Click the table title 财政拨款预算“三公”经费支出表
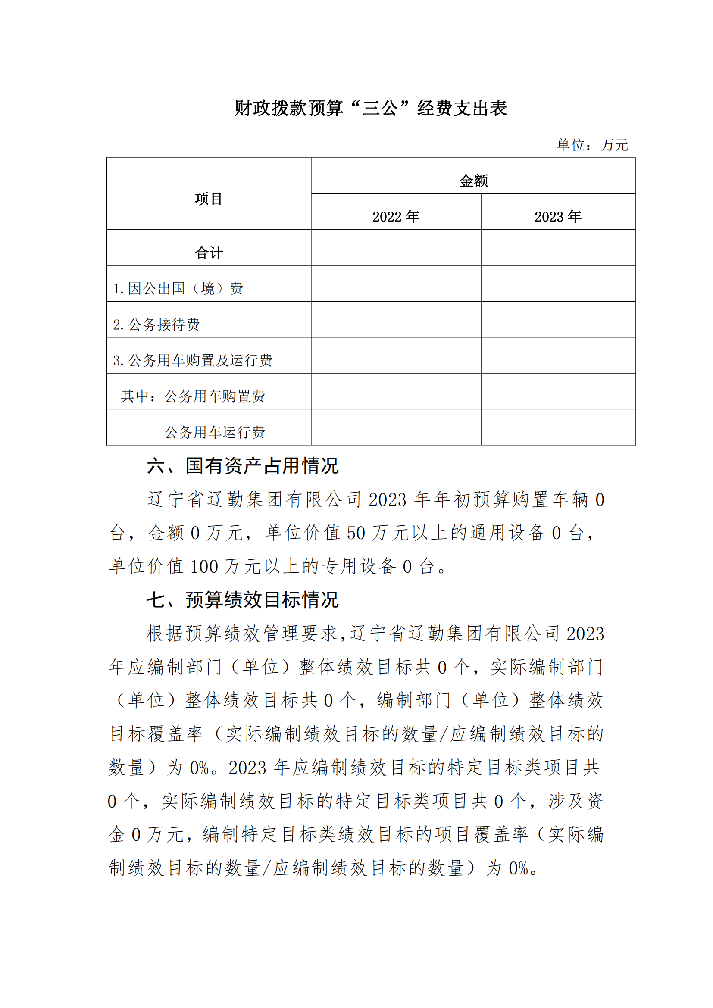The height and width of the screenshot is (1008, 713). coord(371,108)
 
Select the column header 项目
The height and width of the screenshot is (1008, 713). coord(209,199)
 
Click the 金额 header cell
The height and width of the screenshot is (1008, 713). coord(473,181)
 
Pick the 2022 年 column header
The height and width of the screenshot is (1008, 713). coord(396,216)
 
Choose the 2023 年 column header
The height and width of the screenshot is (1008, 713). coord(557,216)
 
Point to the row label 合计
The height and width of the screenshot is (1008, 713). coord(209,253)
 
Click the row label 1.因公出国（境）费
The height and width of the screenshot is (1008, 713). coord(178,288)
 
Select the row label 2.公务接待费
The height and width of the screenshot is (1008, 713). coord(156,325)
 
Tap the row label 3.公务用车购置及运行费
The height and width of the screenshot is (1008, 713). coord(193,360)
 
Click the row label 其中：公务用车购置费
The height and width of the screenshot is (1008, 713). coord(193,396)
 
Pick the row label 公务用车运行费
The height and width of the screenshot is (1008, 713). coord(215,432)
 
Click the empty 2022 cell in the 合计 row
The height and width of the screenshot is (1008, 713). coord(396,248)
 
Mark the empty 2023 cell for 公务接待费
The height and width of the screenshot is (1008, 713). coord(558,320)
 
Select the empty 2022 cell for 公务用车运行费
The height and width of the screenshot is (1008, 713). coord(396,427)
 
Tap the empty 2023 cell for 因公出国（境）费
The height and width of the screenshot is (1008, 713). coord(558,284)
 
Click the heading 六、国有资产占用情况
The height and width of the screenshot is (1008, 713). coord(243,466)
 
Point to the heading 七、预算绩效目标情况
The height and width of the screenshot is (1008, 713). coord(243,600)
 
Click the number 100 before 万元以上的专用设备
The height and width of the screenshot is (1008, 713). coord(204,567)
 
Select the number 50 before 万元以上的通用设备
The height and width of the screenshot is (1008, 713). coord(356,534)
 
